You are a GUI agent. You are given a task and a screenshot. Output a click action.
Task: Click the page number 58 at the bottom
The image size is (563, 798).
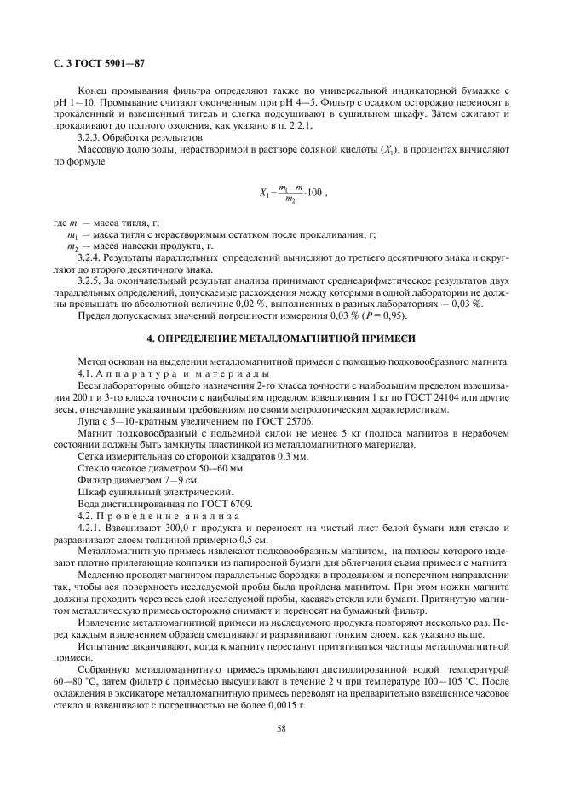280,727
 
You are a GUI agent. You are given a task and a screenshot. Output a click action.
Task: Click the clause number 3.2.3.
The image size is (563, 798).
90,136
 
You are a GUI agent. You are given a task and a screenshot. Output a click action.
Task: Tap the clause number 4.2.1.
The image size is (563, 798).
90,529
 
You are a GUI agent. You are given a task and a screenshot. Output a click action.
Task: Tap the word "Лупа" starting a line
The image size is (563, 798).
89,421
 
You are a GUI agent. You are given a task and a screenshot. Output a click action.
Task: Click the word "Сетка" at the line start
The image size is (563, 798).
91,457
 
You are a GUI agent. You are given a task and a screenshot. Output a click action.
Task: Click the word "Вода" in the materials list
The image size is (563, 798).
89,505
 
